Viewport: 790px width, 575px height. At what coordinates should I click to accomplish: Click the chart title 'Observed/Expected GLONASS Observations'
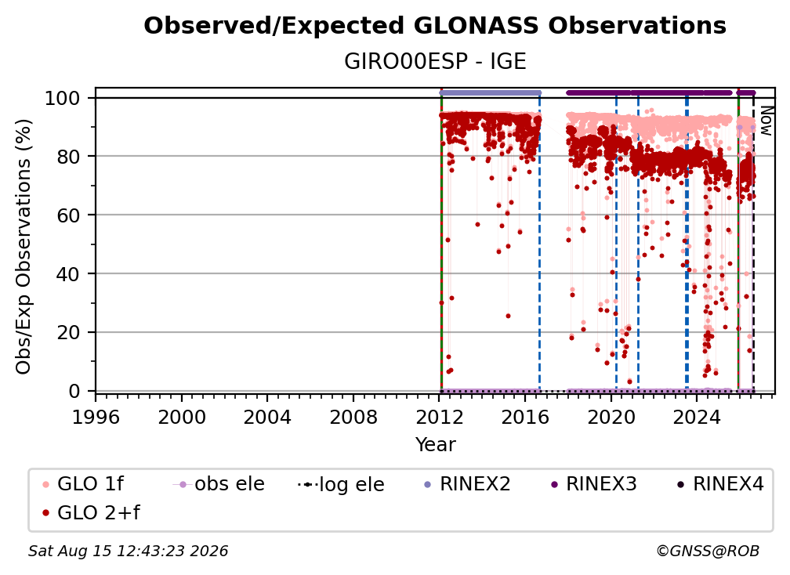coord(435,26)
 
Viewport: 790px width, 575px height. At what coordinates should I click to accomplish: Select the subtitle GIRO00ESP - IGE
coord(435,62)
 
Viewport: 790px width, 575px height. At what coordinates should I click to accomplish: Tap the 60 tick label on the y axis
coord(68,215)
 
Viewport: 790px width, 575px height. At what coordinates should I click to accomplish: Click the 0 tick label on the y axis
coord(74,391)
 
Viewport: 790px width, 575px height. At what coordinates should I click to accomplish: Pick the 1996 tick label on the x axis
coord(96,418)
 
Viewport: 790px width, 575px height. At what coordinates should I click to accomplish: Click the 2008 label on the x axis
coord(353,418)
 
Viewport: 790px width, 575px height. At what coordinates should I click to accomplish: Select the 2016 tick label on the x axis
coord(525,418)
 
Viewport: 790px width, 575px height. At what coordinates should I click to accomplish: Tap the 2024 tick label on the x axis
coord(696,418)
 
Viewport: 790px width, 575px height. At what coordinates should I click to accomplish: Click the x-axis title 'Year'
coord(435,445)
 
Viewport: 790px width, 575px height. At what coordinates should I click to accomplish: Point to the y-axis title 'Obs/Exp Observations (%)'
coord(24,247)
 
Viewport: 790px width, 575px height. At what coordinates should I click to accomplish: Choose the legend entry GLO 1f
coord(83,484)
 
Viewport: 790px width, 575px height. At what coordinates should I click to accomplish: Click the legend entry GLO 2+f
coord(91,513)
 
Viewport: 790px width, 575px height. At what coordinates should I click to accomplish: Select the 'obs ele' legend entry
coord(219,484)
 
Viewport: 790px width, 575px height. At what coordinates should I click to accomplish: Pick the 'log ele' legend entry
coord(341,485)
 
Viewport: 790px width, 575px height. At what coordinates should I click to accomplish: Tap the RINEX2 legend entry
coord(468,484)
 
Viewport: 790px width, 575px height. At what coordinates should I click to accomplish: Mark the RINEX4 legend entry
coord(720,484)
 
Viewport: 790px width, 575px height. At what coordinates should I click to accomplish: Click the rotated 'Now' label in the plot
coord(766,121)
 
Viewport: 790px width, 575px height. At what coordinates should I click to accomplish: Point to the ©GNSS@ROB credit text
coord(708,551)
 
